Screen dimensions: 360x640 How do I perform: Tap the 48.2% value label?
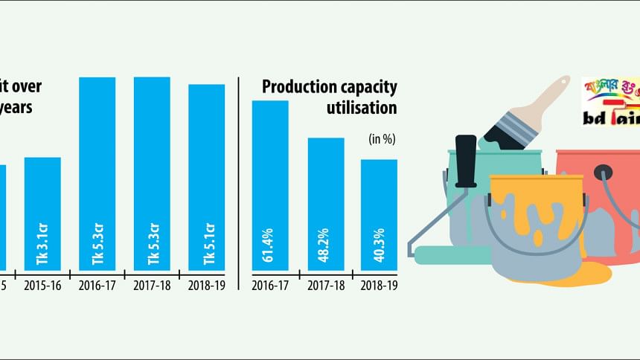(326, 245)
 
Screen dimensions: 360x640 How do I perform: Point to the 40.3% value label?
(379, 245)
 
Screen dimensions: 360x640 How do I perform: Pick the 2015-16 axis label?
(42, 285)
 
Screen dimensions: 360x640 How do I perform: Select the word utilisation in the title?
(361, 108)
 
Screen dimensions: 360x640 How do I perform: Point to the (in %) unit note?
(381, 139)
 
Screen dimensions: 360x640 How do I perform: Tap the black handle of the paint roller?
(467, 161)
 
